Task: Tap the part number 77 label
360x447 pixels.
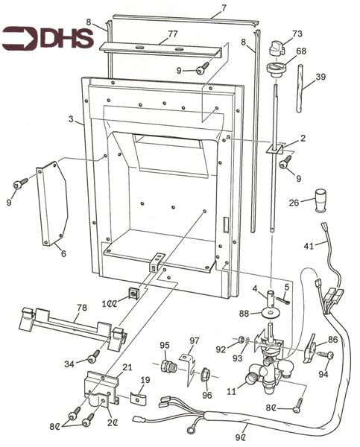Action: point(171,35)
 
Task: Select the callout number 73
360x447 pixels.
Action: point(297,34)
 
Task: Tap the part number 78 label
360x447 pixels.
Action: point(81,308)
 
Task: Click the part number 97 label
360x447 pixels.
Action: point(195,340)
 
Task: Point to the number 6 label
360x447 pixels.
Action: point(63,253)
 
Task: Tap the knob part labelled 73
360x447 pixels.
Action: point(275,45)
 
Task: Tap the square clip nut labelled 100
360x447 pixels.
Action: point(134,293)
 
